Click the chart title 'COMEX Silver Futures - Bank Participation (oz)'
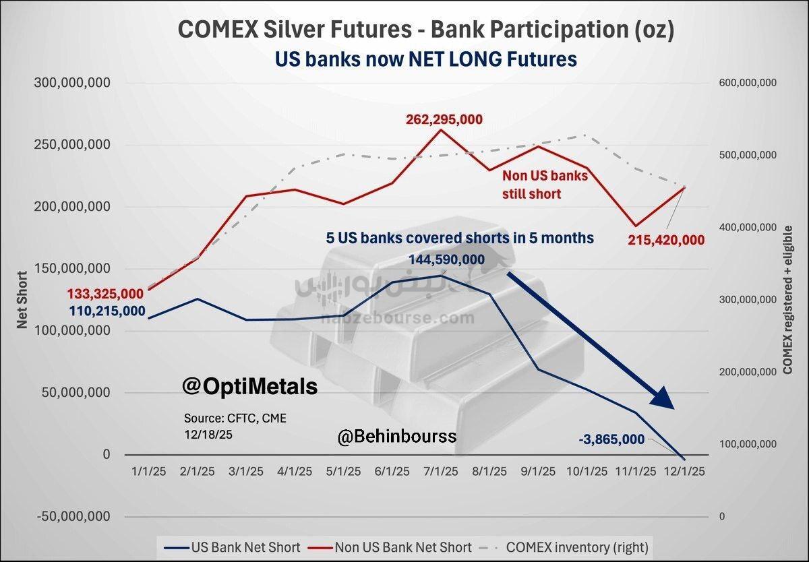click(x=425, y=30)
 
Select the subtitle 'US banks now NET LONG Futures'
click(x=425, y=59)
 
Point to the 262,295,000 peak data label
click(x=444, y=119)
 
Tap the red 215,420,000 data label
click(x=666, y=240)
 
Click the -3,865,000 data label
click(x=611, y=439)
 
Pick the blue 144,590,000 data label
click(x=446, y=259)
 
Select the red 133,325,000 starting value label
click(x=105, y=293)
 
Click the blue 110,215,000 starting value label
click(x=107, y=311)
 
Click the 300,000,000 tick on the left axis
click(x=72, y=83)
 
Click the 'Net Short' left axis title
click(x=22, y=301)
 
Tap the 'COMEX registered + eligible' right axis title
click(x=787, y=301)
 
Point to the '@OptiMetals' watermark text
click(x=249, y=387)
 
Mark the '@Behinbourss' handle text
click(x=396, y=437)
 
